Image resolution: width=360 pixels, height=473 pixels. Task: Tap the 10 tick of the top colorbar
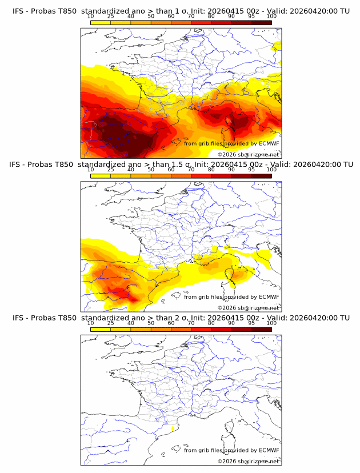click(90, 16)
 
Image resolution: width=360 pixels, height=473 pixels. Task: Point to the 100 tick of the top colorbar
click(271, 16)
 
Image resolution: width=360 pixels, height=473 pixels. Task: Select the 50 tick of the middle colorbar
click(151, 170)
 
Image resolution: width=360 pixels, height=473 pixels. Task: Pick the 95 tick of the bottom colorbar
click(251, 323)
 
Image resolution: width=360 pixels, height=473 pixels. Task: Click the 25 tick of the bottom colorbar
click(111, 323)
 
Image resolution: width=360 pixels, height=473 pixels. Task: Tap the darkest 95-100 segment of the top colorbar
click(261, 22)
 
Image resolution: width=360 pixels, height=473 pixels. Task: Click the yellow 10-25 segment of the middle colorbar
click(101, 176)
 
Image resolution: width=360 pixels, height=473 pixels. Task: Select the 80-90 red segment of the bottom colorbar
click(221, 330)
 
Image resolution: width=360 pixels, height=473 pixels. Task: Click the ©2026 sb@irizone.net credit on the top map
click(248, 155)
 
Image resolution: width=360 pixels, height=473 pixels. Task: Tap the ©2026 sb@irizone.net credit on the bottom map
click(248, 461)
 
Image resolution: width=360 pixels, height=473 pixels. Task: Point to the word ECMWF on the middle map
click(269, 296)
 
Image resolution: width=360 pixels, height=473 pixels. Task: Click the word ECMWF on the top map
click(269, 143)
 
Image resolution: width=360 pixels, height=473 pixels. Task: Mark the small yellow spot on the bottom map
click(173, 427)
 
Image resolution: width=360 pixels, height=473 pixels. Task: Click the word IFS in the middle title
click(18, 165)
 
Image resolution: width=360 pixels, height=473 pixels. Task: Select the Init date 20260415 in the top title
click(228, 11)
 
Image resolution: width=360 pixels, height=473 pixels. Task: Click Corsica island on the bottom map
click(231, 429)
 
